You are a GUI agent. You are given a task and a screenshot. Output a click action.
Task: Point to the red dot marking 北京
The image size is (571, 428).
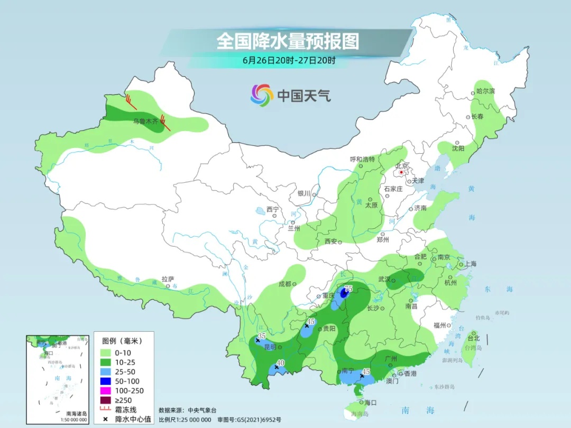pos(401,172)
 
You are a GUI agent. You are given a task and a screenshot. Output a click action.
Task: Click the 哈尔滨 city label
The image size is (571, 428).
pos(485,91)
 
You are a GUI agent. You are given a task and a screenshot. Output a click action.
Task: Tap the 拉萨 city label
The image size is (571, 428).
pos(168,279)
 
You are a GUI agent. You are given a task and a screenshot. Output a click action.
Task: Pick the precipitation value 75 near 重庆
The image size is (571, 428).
pos(348,289)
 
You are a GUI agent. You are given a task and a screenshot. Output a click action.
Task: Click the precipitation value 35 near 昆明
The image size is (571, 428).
pos(261,337)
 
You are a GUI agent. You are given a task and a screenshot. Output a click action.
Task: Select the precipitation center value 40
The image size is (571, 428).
pos(281,362)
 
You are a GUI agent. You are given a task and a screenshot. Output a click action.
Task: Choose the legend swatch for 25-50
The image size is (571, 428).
pos(105,371)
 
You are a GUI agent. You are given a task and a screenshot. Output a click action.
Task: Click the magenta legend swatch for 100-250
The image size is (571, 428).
pos(105,390)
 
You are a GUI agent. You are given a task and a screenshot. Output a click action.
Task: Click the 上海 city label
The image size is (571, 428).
pos(470,264)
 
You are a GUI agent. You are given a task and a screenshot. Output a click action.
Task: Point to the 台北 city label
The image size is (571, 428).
pos(474,338)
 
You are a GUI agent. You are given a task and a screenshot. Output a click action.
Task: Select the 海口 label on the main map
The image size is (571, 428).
pos(370,403)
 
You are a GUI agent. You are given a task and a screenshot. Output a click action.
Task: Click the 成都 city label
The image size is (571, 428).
pos(285,284)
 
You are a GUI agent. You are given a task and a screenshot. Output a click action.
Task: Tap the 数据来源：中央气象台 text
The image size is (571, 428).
pos(188,410)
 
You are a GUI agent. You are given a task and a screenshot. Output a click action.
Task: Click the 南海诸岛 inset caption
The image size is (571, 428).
pos(76,413)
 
